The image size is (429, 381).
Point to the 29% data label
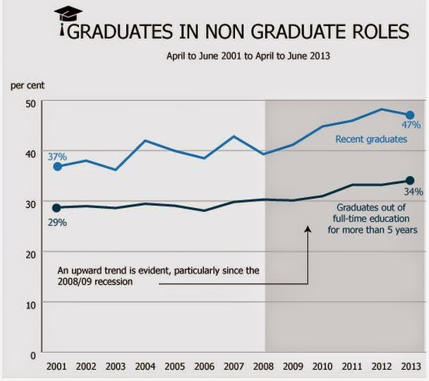tap(57, 222)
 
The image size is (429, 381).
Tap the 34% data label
tap(413, 192)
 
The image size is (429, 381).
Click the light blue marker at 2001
tap(57, 167)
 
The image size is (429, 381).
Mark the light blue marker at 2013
tap(409, 115)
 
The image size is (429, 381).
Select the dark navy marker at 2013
tap(410, 180)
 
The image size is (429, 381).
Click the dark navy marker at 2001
tap(57, 208)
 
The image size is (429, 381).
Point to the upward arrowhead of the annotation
tap(308, 228)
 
